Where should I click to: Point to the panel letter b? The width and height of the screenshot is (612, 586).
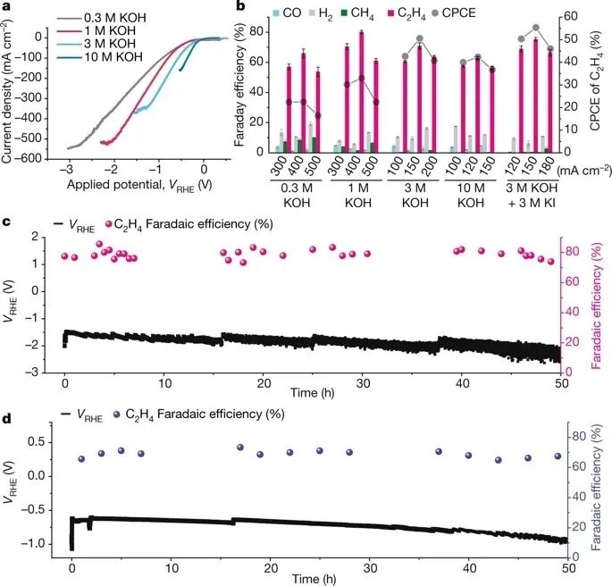(239, 6)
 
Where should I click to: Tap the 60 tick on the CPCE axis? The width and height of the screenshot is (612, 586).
(576, 17)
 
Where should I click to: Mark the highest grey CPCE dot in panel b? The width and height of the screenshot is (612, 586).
(536, 28)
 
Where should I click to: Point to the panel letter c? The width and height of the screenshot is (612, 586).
(6, 220)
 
